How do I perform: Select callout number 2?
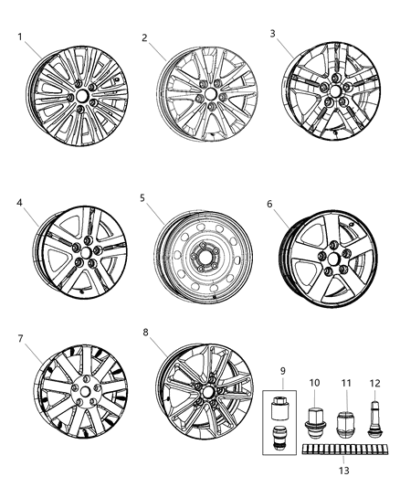(144, 37)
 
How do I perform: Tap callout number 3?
(272, 33)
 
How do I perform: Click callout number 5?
(143, 196)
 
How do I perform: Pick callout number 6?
(271, 206)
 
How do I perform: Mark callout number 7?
(19, 339)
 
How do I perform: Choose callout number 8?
(146, 333)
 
